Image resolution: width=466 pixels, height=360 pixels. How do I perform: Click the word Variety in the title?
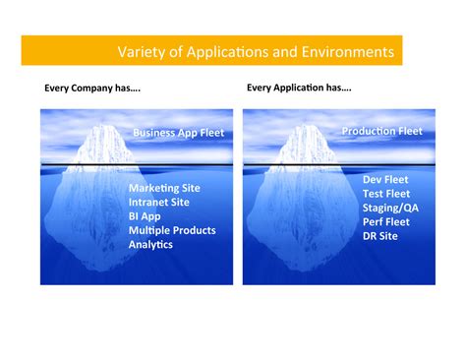[140, 51]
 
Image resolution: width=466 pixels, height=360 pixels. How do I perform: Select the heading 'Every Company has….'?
[92, 89]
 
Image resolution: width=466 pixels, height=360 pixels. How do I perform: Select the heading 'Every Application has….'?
[299, 88]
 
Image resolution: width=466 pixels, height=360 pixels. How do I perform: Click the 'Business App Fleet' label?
[178, 132]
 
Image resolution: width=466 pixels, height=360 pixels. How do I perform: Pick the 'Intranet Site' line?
[159, 202]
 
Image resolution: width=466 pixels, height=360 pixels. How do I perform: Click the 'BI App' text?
[146, 215]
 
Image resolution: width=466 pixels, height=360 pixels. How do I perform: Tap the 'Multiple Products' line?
[172, 229]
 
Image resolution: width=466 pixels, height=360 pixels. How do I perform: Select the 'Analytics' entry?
[150, 243]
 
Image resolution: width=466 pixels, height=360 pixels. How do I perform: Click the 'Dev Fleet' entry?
[385, 180]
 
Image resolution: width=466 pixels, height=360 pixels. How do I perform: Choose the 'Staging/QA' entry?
[390, 208]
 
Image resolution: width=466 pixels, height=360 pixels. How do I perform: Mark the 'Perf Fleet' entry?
[386, 222]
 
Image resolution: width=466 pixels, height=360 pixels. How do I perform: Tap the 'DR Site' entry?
[381, 236]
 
